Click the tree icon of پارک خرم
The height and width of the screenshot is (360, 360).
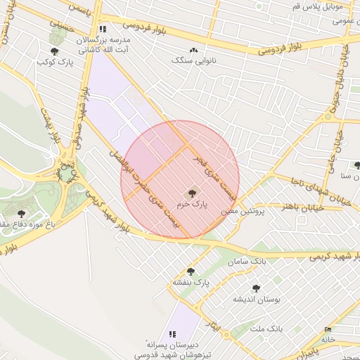coord(191,192)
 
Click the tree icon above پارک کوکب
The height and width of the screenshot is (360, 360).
coord(55,51)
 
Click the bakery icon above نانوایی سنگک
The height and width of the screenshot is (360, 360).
coord(193,50)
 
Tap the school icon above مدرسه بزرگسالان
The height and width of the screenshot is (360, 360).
coord(103,30)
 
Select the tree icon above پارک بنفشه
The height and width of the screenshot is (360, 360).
coord(191,271)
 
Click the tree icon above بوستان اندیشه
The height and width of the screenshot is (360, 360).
coord(255,288)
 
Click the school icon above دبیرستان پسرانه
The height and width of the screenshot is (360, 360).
coord(172,334)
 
